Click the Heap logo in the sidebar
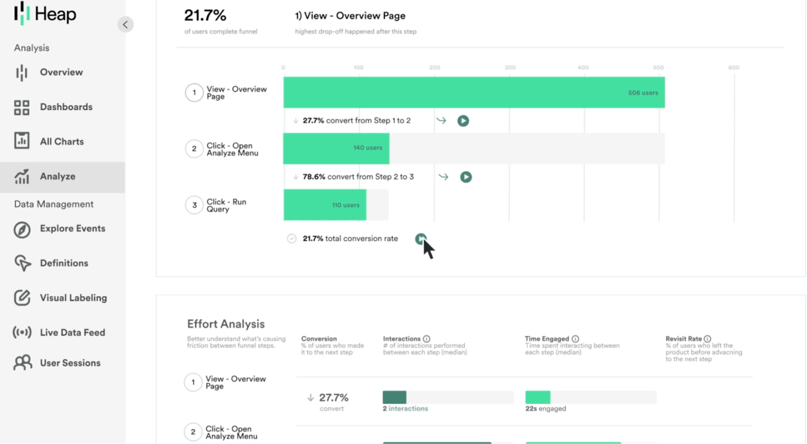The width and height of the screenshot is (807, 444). click(45, 14)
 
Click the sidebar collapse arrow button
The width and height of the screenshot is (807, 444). click(126, 25)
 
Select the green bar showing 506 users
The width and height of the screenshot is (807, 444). click(474, 92)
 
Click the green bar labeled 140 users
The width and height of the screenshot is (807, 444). click(336, 149)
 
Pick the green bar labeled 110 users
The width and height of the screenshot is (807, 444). click(324, 205)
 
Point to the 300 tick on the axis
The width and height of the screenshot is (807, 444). click(509, 68)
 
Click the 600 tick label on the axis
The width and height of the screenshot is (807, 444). click(734, 68)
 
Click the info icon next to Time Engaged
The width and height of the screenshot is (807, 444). click(575, 339)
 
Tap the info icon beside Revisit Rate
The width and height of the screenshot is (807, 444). click(707, 339)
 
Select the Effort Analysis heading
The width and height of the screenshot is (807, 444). click(226, 324)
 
